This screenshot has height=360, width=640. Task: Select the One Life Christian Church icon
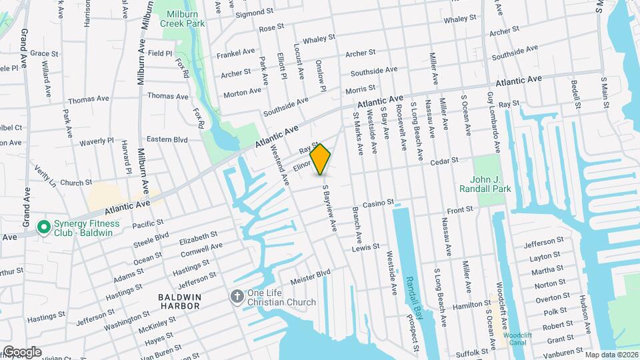[237, 297]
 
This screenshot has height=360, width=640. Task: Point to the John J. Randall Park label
[484, 184]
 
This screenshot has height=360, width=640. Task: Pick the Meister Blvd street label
[313, 273]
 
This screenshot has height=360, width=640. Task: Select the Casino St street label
[379, 203]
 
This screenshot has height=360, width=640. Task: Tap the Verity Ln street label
[46, 177]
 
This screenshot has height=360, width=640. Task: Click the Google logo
[22, 352]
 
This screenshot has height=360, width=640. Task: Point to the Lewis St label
[366, 247]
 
